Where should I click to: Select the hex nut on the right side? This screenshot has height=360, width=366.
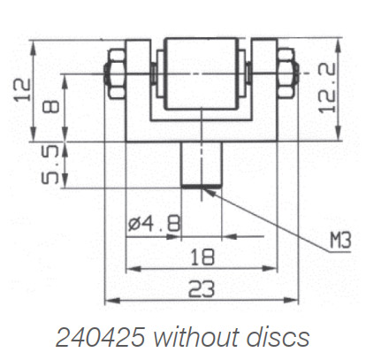coord(285,72)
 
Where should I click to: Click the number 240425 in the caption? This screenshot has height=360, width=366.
coord(97,337)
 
